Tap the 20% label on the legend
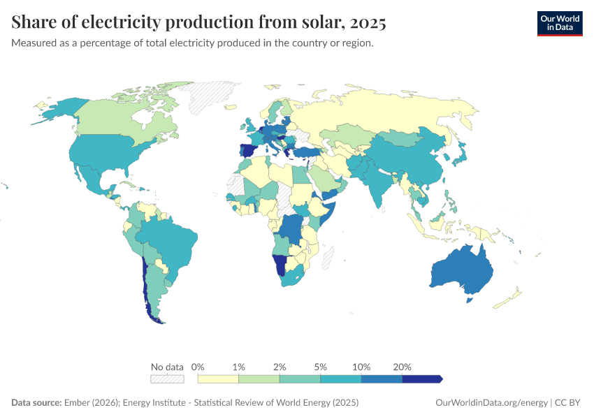[403, 367]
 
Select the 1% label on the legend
[239, 367]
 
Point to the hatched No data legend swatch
[167, 378]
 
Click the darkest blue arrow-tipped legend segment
[422, 378]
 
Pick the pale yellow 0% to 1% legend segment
[218, 378]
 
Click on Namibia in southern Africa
[280, 264]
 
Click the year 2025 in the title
[368, 22]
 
